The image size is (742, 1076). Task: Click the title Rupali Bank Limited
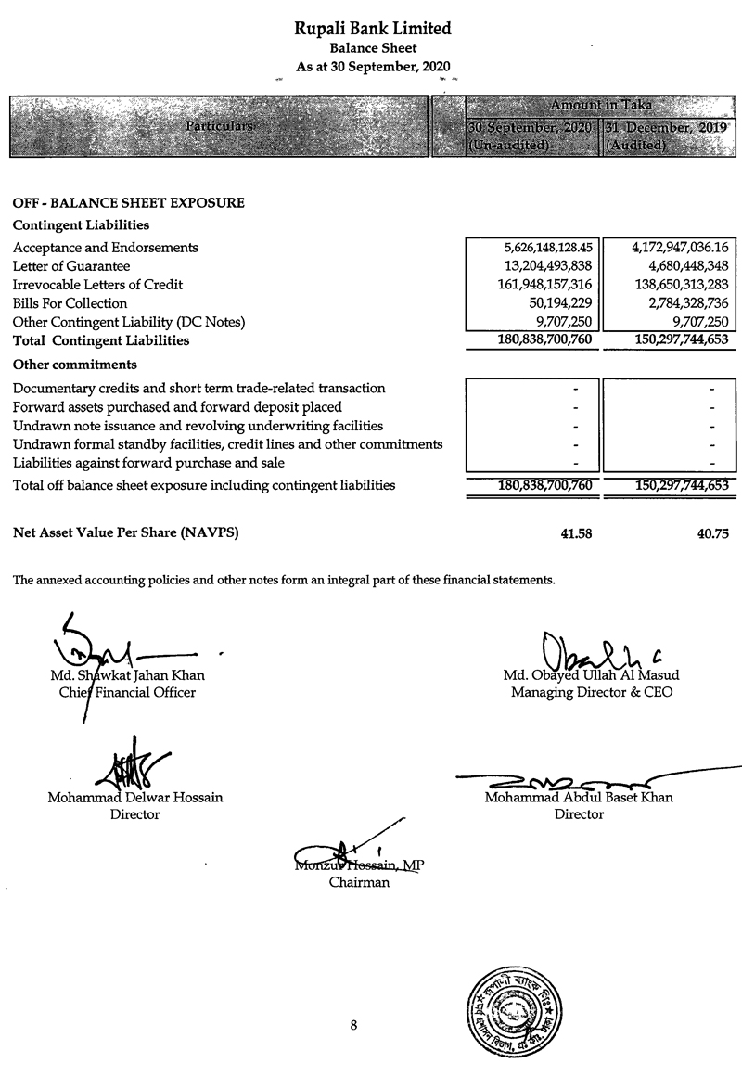373,29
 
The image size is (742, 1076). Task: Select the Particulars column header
220,125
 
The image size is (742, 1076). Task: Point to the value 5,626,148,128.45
540,248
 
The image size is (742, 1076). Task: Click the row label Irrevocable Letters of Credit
97,285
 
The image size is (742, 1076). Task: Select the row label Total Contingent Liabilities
101,340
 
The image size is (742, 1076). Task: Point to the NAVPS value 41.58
575,533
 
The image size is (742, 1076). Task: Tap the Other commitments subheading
75,365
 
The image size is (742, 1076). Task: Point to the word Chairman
359,883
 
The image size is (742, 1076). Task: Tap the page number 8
353,1025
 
